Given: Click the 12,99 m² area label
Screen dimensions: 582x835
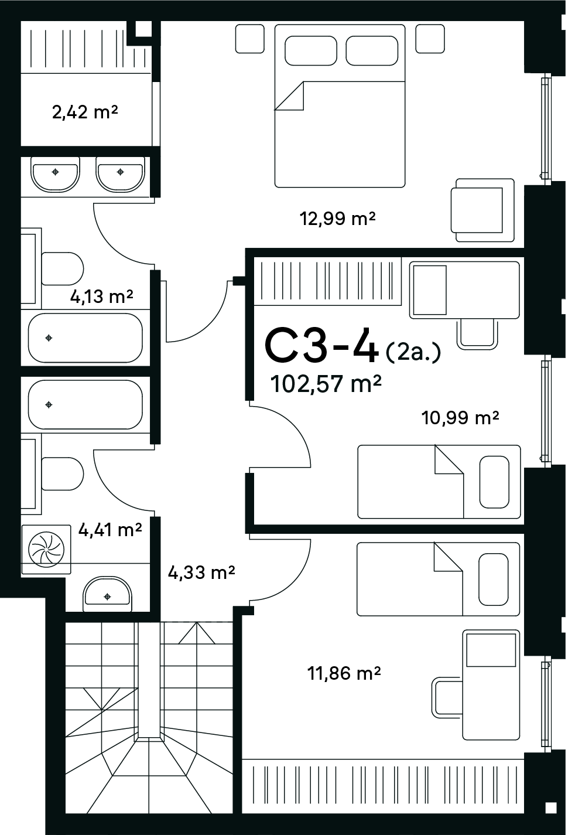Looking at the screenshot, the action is coord(337,219).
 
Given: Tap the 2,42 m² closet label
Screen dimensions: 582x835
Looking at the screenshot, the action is coord(85,112).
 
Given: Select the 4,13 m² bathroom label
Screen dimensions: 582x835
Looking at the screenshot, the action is coord(101,296).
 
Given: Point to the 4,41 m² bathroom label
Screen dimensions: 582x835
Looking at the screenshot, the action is coord(110,529).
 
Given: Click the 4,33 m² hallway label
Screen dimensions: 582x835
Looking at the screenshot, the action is coord(201,572).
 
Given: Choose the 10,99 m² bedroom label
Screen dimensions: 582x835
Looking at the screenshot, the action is coord(460,417).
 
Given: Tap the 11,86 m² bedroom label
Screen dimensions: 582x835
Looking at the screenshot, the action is coord(344,673).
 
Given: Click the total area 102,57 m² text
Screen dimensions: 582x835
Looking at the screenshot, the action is coord(326,384).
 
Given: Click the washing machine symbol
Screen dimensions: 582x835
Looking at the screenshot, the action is coord(46,550).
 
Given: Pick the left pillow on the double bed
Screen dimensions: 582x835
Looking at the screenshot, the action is coord(311,51).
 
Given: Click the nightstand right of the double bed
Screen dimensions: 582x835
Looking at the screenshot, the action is coord(430,39).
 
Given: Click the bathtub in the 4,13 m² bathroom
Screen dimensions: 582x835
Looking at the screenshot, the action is coord(85,338).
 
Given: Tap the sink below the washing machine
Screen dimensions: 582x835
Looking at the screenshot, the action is coord(107,594).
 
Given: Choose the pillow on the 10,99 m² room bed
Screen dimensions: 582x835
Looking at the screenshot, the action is coord(494,482).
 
